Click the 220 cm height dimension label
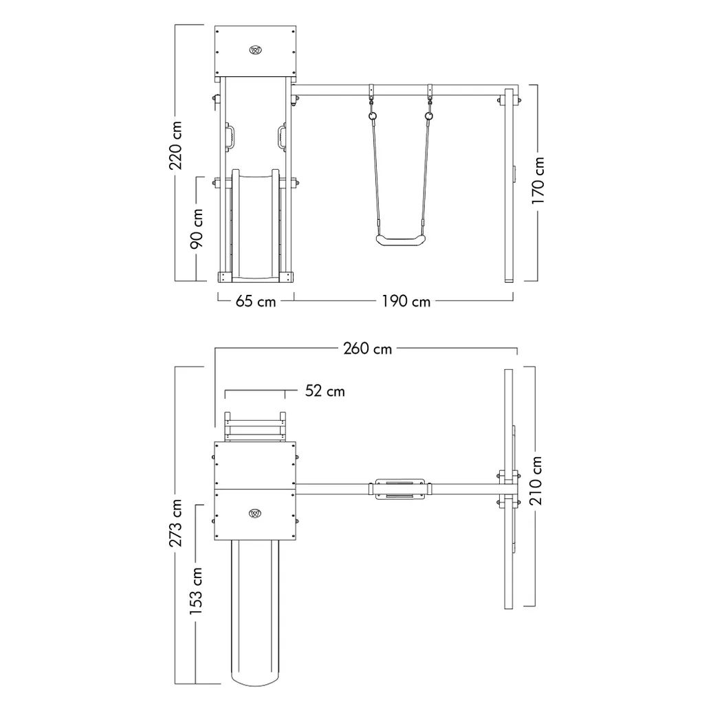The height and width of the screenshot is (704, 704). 175,146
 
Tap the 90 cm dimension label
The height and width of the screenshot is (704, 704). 196,228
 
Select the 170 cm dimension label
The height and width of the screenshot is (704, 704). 538,181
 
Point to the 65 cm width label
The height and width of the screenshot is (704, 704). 256,301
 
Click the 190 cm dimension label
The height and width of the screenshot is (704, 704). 406,301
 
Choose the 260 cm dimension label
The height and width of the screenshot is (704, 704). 367,349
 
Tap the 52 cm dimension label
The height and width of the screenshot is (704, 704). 325,391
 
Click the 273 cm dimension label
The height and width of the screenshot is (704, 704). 175,522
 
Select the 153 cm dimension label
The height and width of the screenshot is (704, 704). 195,591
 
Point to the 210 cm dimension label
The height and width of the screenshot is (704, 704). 536,481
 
